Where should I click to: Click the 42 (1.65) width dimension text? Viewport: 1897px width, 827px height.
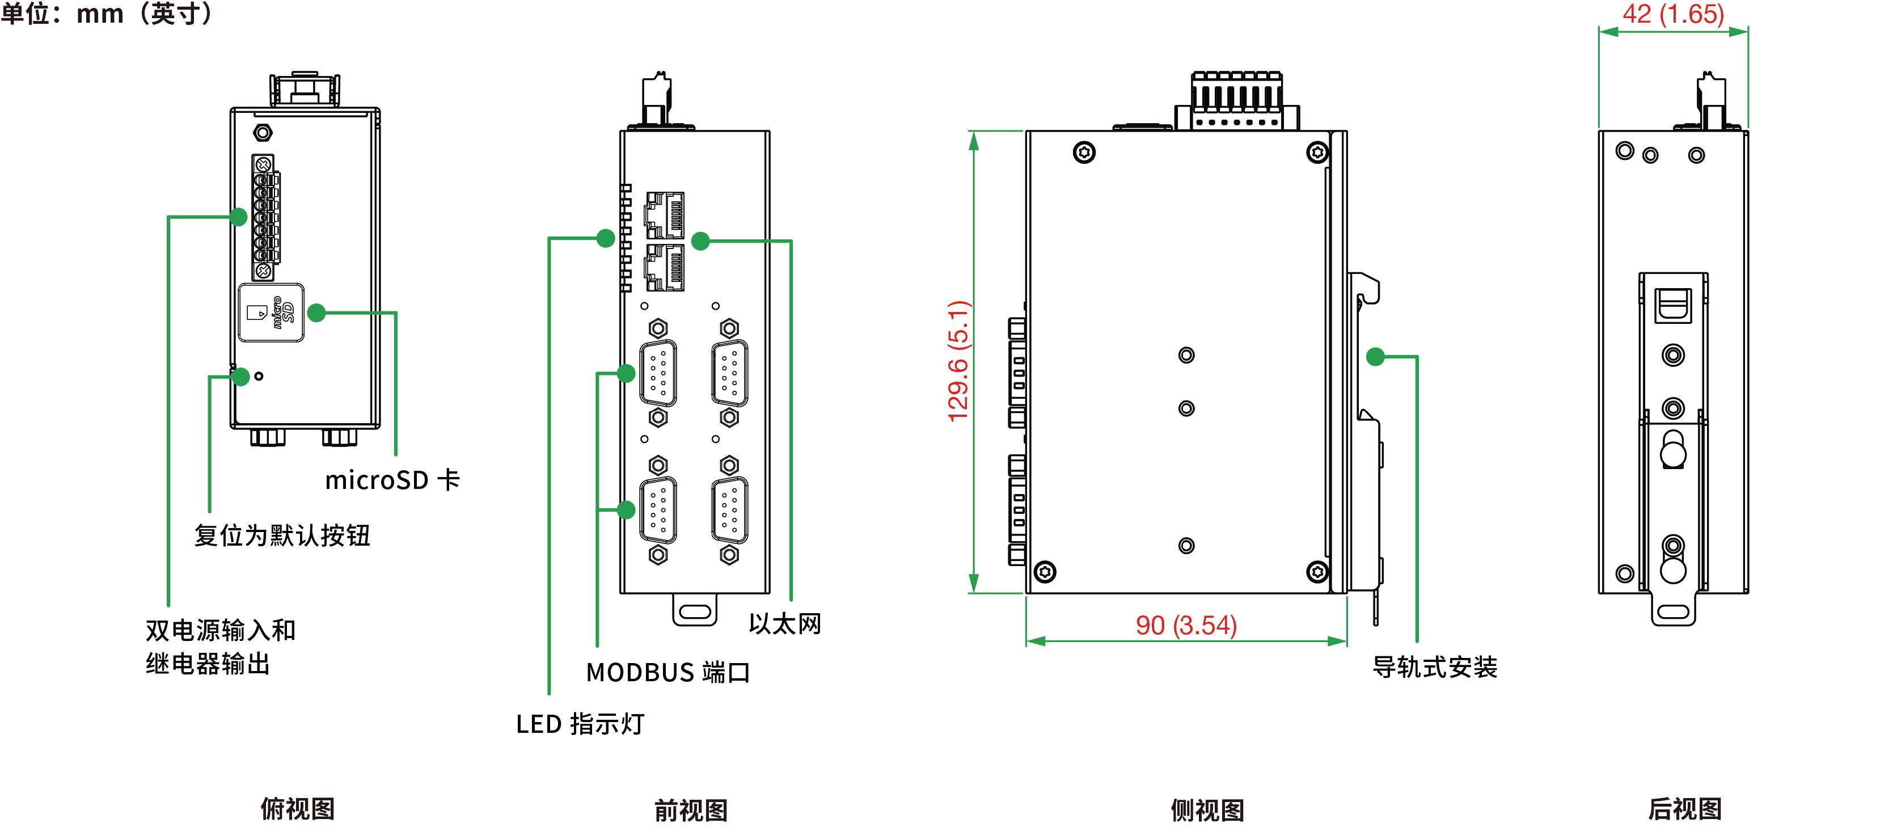coord(1672,14)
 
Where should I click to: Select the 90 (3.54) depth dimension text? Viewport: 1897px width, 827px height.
coord(1186,625)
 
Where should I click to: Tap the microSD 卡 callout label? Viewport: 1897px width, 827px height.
coord(392,480)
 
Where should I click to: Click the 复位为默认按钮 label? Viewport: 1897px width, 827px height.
coord(282,535)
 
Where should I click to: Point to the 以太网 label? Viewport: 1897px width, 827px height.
coord(784,624)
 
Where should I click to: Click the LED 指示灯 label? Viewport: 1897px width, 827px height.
coord(580,724)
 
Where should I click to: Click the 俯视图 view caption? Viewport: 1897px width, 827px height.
coord(298,809)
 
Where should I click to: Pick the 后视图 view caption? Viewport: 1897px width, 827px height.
coord(1684,809)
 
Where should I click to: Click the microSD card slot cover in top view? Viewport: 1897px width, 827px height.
coord(271,314)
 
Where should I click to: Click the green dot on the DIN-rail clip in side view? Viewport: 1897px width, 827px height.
coord(1375,357)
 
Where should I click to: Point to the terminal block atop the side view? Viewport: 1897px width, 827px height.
coord(1237,101)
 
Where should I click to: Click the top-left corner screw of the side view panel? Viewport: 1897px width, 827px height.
coord(1084,153)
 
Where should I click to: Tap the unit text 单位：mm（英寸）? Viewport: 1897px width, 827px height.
coord(108,13)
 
